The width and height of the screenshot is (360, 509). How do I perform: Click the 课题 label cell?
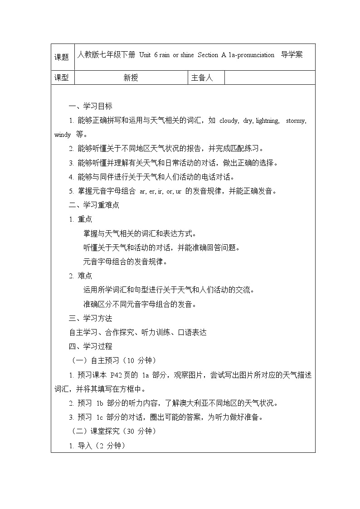click(x=62, y=57)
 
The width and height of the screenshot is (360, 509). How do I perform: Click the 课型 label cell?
click(x=62, y=78)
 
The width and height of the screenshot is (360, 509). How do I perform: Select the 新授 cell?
click(x=131, y=78)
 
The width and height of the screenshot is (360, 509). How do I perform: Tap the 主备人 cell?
click(x=202, y=78)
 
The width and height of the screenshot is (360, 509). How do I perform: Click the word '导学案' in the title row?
click(x=292, y=55)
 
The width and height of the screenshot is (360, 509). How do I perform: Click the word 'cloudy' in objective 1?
click(x=229, y=121)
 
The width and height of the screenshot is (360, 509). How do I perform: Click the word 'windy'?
click(x=62, y=135)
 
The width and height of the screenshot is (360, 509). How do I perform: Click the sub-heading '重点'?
click(x=85, y=219)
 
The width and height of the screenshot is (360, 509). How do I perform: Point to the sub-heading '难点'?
click(x=85, y=276)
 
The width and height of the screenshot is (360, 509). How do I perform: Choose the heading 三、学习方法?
click(x=91, y=318)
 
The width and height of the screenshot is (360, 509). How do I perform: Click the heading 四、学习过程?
click(x=91, y=346)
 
